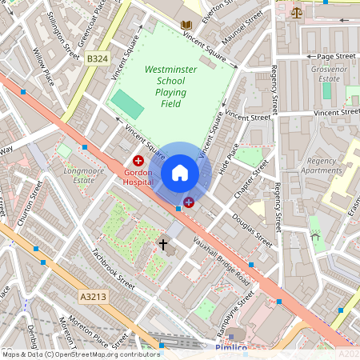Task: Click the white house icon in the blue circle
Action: click(180, 172)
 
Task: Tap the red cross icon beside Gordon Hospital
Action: click(138, 161)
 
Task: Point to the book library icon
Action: click(186, 26)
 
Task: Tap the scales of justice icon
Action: click(298, 12)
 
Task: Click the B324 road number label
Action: click(98, 58)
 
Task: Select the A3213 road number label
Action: click(92, 296)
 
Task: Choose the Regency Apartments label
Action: click(324, 166)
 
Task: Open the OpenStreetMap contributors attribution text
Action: click(80, 354)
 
